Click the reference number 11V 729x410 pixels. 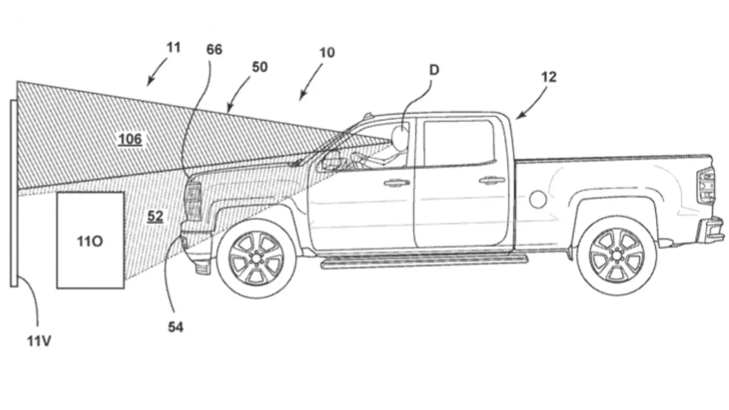coord(38,341)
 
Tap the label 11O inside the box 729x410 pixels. coord(90,241)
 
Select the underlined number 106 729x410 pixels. coord(130,139)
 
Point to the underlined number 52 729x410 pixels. coord(155,216)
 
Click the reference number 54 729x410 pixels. coord(175,327)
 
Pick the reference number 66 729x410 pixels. coord(214,50)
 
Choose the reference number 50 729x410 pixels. coord(260,67)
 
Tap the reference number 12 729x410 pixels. coord(549,77)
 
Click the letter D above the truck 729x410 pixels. coord(434,70)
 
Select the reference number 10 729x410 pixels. coord(327,52)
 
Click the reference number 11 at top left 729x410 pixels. coord(173,48)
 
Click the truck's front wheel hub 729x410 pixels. coord(256,258)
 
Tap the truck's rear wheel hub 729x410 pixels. coord(617,255)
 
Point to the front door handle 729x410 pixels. coord(397,183)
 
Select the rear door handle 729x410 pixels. coord(492,180)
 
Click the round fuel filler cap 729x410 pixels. coord(538,200)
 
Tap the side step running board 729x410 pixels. coord(424,261)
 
